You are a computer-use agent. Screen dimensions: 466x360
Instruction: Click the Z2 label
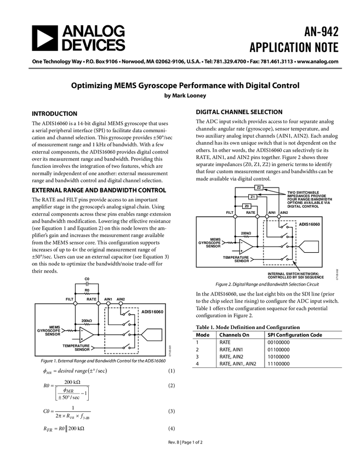point(259,187)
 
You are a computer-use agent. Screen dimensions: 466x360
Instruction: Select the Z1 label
point(253,197)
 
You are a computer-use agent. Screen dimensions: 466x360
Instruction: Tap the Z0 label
point(247,206)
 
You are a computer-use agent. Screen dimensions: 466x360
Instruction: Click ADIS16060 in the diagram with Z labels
point(309,225)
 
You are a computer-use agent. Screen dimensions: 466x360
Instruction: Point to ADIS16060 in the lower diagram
point(152,312)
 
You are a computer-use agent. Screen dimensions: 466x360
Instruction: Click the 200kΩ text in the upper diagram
point(246,233)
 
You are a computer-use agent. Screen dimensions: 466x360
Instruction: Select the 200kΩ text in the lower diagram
point(87,320)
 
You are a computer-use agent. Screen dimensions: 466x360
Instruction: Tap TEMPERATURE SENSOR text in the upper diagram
point(236,259)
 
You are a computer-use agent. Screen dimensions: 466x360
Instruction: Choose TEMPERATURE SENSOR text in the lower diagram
point(76,348)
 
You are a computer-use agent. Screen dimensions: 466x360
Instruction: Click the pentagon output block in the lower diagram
point(152,334)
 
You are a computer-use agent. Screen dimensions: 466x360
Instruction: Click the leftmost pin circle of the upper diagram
point(235,217)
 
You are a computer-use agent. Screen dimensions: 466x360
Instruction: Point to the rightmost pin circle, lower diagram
point(121,303)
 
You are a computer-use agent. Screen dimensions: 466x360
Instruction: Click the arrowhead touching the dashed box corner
point(296,264)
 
